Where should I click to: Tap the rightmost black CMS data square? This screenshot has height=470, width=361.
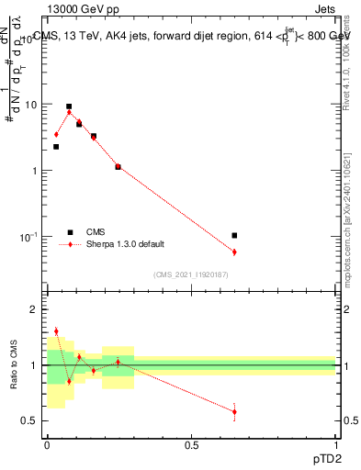[234, 236]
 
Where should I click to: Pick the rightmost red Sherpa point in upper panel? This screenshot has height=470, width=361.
[234, 252]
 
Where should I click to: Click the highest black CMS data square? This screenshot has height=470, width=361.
[69, 106]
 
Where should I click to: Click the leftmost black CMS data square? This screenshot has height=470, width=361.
[56, 147]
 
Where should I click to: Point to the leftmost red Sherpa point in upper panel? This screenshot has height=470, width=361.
[56, 135]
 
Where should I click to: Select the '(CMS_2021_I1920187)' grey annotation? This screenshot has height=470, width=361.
[191, 274]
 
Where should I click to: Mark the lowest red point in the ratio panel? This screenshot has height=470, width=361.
[234, 411]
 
